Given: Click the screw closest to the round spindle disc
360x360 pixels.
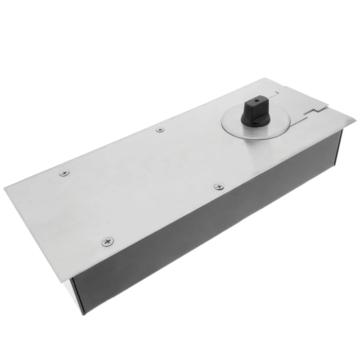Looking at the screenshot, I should [x=160, y=130].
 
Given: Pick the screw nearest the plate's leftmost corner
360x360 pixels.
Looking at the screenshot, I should [x=64, y=173].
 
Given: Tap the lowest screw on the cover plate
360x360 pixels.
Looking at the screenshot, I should [x=108, y=242].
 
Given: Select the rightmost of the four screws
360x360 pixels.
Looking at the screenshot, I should [x=219, y=186].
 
